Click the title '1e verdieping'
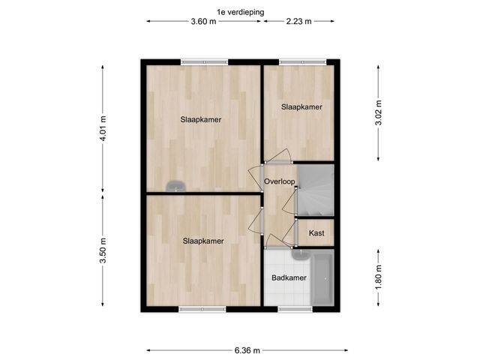pyautogui.click(x=240, y=11)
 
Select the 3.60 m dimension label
pyautogui.click(x=204, y=22)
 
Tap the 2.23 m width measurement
pyautogui.click(x=299, y=22)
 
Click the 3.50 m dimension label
pyautogui.click(x=103, y=250)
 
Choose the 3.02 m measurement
pyautogui.click(x=379, y=112)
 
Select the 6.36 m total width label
pyautogui.click(x=247, y=350)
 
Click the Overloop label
pyautogui.click(x=278, y=182)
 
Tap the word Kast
pyautogui.click(x=316, y=234)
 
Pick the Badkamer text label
pyautogui.click(x=289, y=278)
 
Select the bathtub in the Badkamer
pyautogui.click(x=323, y=278)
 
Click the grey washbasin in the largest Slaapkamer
pyautogui.click(x=176, y=185)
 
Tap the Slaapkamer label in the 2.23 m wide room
pyautogui.click(x=301, y=107)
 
